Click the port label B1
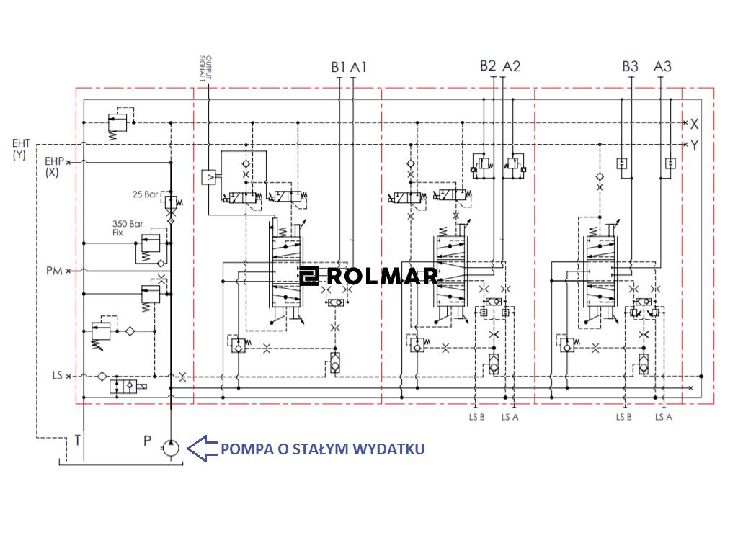339,67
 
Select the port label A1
359,67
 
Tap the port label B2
488,66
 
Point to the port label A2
511,66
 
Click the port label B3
630,66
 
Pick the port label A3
662,66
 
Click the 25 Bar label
145,194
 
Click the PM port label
54,271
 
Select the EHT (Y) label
21,149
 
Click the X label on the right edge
694,123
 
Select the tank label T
77,440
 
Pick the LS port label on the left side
57,376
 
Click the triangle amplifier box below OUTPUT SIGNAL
209,176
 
